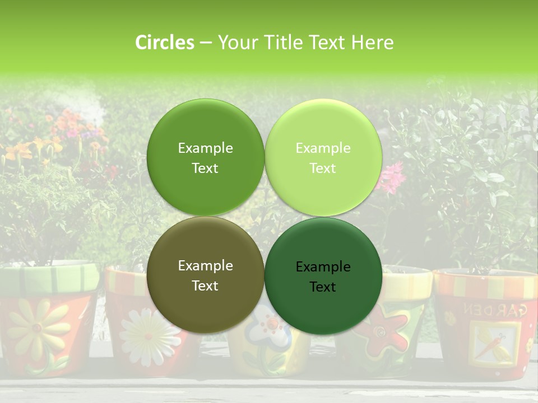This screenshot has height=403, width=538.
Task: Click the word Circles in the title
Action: (x=165, y=43)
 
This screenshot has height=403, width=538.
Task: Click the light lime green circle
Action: (x=323, y=157)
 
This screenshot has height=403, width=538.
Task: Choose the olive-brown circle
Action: (x=205, y=275)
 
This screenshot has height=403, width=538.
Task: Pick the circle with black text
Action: (x=323, y=276)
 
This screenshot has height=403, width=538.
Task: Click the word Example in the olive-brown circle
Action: (x=205, y=265)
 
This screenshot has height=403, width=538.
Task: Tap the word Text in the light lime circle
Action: (x=323, y=168)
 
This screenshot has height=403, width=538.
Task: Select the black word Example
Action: (x=323, y=266)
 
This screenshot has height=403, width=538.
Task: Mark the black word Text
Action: (x=323, y=287)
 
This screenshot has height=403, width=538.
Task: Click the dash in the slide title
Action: (x=205, y=43)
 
